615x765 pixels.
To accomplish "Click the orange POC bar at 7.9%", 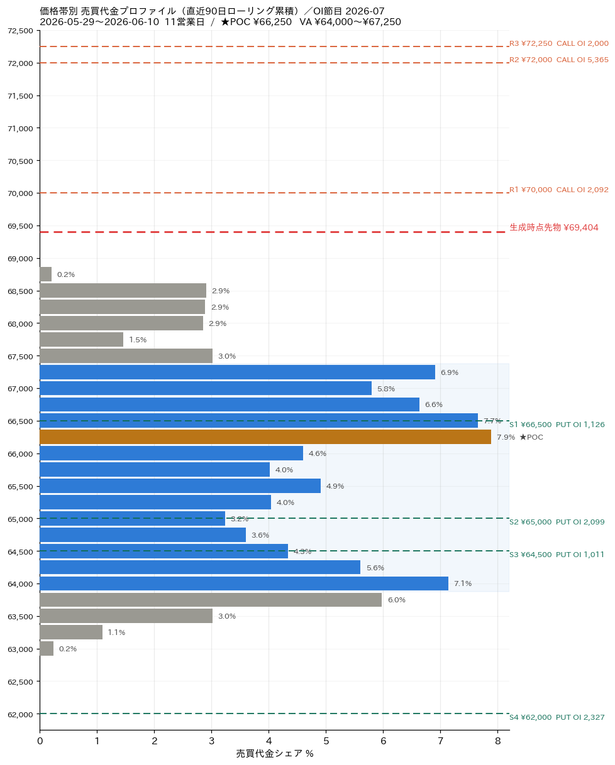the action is click(x=265, y=437).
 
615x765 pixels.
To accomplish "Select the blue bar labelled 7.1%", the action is click(x=244, y=583).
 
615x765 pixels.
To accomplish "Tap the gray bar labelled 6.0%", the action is click(x=211, y=599).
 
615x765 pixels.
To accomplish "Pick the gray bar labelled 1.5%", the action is click(x=82, y=339).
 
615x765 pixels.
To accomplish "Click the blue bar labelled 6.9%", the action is click(x=238, y=372).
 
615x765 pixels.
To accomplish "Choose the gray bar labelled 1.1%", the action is click(x=71, y=632).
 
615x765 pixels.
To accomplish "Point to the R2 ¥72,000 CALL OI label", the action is click(x=559, y=60).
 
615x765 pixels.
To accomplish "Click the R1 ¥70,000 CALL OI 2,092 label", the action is click(x=559, y=190).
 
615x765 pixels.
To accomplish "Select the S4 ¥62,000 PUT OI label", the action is click(x=557, y=717).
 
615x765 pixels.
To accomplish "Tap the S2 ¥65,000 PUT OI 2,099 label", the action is click(x=557, y=522).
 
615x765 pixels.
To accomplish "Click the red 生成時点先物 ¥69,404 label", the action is click(x=554, y=227).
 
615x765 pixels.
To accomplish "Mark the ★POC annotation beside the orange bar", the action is click(x=531, y=437).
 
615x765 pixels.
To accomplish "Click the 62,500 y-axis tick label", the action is click(x=21, y=681).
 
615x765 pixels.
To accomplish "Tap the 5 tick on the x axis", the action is click(x=326, y=741).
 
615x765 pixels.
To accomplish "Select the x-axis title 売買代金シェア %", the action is click(x=275, y=754).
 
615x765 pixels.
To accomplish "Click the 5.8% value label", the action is click(x=386, y=389).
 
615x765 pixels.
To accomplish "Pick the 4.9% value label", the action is click(x=335, y=486).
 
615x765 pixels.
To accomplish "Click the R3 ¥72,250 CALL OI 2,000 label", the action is click(x=559, y=43).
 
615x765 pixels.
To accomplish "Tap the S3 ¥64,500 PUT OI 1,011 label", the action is click(x=557, y=554).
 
